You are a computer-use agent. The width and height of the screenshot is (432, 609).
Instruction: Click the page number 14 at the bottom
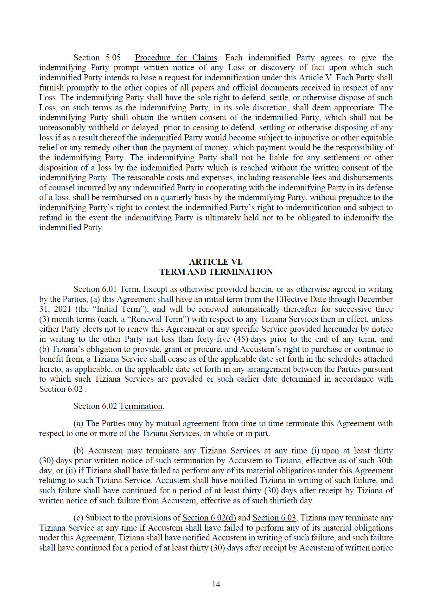pyautogui.click(x=216, y=584)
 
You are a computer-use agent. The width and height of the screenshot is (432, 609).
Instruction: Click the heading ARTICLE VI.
pyautogui.click(x=216, y=262)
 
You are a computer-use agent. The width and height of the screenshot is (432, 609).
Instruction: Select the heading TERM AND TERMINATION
pyautogui.click(x=216, y=272)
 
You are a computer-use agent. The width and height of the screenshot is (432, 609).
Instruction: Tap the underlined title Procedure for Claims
pyautogui.click(x=176, y=58)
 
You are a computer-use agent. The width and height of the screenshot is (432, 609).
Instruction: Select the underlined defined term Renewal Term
pyautogui.click(x=157, y=319)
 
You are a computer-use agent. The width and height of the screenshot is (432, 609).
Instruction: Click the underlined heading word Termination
pyautogui.click(x=141, y=406)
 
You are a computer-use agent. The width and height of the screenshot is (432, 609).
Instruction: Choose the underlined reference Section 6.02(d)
pyautogui.click(x=209, y=518)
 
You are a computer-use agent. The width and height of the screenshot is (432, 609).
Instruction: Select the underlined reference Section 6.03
pyautogui.click(x=274, y=518)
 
